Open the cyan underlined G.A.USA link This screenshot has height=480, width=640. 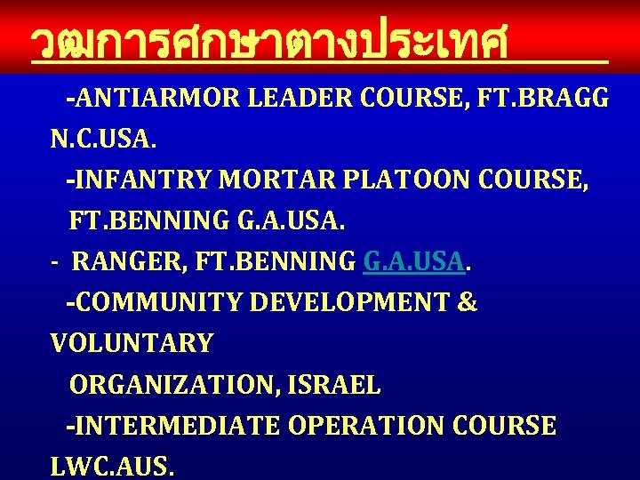414,262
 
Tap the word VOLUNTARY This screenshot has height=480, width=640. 132,344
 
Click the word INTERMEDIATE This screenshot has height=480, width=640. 176,426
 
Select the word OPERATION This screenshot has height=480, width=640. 365,426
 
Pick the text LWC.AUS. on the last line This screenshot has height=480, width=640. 113,467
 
